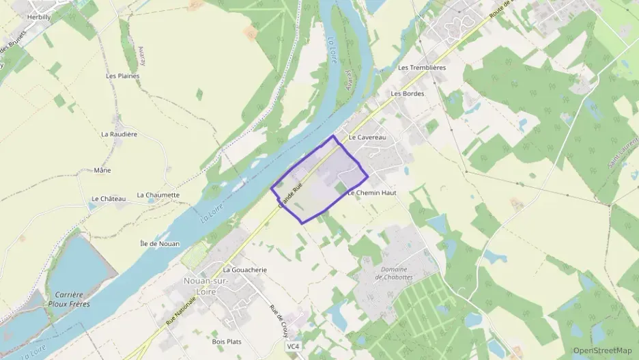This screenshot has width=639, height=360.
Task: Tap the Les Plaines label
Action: coord(123,76)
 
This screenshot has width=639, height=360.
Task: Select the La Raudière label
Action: coord(119,134)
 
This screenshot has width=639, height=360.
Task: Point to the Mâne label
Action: coord(102,170)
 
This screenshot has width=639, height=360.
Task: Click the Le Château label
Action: coord(109,199)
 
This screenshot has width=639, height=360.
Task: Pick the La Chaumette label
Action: coord(158,195)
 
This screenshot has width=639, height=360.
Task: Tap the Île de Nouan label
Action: coord(160,244)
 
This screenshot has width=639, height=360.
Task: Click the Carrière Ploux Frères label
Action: coord(69,299)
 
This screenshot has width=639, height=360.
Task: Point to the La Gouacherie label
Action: coord(244,270)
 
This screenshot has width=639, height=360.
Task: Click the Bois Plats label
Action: coord(227,342)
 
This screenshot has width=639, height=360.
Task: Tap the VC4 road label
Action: coord(293,346)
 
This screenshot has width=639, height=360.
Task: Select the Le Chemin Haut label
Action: coord(371,193)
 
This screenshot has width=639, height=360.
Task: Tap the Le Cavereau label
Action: coord(367,137)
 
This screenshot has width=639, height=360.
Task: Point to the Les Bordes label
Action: coord(408,94)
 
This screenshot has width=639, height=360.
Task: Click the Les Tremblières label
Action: coord(421,68)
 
